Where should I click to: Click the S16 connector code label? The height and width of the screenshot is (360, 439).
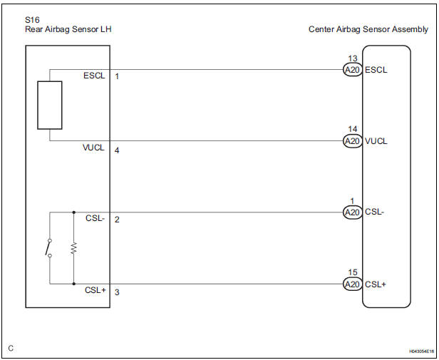[x=32, y=20]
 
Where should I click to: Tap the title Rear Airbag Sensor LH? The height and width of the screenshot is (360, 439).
[x=68, y=29]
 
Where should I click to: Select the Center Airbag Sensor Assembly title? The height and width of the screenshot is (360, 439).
[x=368, y=29]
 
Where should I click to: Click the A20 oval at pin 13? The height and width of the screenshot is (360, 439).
[x=353, y=69]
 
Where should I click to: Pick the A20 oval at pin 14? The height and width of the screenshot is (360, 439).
[x=353, y=141]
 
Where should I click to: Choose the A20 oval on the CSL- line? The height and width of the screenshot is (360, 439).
[x=353, y=212]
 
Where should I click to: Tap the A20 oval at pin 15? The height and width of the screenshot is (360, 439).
[x=353, y=284]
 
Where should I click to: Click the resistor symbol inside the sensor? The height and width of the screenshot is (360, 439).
[x=73, y=248]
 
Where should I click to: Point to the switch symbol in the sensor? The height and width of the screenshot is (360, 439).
[x=48, y=248]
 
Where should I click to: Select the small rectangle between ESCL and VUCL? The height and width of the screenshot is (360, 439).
[x=50, y=105]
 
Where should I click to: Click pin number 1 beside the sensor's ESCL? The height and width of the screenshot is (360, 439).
[x=117, y=76]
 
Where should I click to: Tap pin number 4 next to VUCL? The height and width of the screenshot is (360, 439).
[x=117, y=150]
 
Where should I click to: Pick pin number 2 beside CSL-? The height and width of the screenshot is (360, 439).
[x=117, y=220]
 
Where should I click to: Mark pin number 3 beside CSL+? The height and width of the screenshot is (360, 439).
[x=117, y=292]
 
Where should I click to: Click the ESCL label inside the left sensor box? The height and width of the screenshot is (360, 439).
[x=94, y=76]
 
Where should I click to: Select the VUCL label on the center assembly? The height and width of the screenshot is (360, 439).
[x=376, y=141]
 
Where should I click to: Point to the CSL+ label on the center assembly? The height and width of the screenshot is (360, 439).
[x=376, y=284]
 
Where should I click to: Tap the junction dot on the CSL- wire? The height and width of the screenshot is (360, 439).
[x=74, y=212]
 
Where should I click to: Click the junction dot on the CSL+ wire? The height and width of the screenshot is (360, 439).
[x=74, y=284]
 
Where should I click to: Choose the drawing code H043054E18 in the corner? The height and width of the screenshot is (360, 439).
[x=422, y=351]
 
